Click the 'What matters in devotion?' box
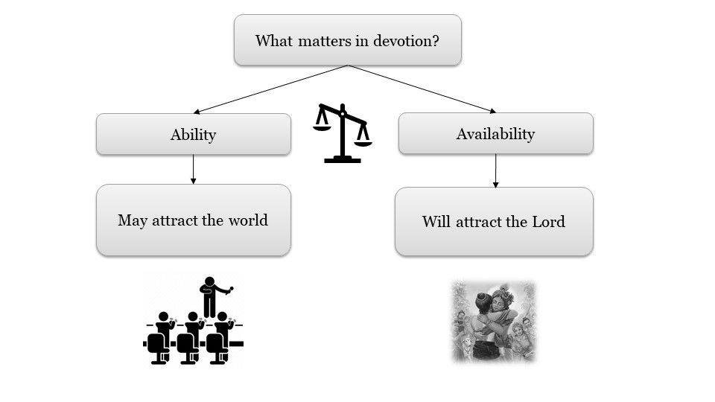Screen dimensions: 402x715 click(x=347, y=39)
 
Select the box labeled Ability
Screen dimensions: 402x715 click(x=193, y=134)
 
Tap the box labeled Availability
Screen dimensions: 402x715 click(x=495, y=133)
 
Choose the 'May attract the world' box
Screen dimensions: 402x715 click(x=193, y=220)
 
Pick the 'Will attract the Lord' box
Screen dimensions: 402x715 click(x=494, y=221)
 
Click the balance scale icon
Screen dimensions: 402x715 click(x=343, y=133)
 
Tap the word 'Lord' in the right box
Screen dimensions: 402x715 click(x=548, y=222)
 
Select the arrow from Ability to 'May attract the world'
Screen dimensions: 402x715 click(x=193, y=169)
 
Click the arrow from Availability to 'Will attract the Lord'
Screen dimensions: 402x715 click(x=495, y=170)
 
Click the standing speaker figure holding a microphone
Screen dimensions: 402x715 click(x=210, y=296)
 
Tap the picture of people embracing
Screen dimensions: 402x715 click(x=493, y=322)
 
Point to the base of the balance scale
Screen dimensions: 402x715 click(x=343, y=159)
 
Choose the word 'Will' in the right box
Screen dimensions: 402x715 click(x=436, y=222)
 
